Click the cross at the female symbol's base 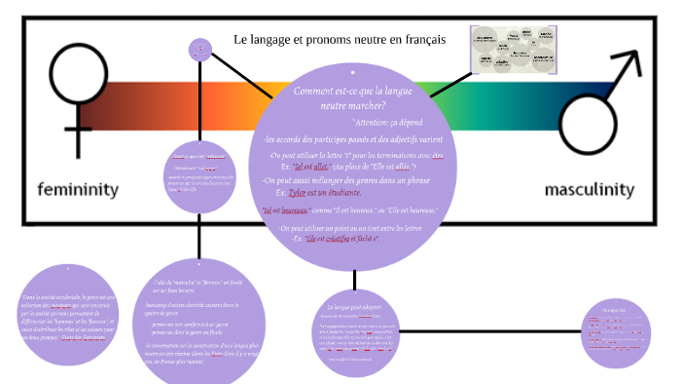[x=78, y=136]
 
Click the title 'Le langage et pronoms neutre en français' [x=340, y=40]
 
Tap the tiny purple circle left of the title [x=200, y=50]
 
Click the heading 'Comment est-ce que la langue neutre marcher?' [x=353, y=97]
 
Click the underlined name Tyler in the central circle [x=298, y=193]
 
